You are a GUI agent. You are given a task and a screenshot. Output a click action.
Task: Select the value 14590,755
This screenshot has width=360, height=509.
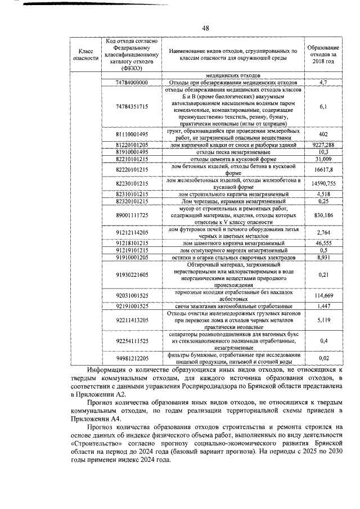[x=322, y=183]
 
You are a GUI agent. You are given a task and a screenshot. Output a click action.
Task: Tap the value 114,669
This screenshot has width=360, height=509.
[x=322, y=296]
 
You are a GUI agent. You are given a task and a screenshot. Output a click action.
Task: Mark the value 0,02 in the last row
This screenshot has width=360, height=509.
[x=322, y=357]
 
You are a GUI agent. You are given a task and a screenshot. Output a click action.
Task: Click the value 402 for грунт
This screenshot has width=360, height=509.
[x=322, y=134]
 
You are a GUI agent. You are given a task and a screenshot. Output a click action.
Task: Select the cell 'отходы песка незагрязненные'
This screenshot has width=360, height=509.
[x=232, y=152]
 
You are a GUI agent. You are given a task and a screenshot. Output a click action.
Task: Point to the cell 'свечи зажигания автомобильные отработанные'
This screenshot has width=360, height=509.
[x=232, y=306]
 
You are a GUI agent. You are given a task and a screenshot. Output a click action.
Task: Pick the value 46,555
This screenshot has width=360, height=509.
[x=322, y=243]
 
